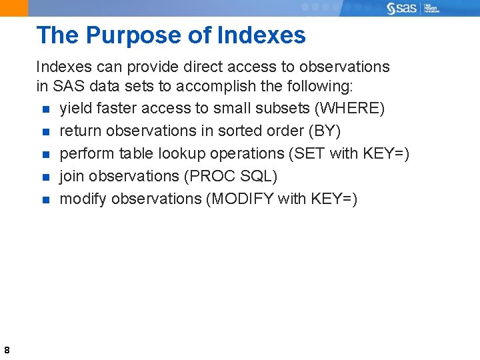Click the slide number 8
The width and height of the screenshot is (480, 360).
click(x=6, y=350)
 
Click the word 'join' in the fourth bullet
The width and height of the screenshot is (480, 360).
click(x=71, y=177)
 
